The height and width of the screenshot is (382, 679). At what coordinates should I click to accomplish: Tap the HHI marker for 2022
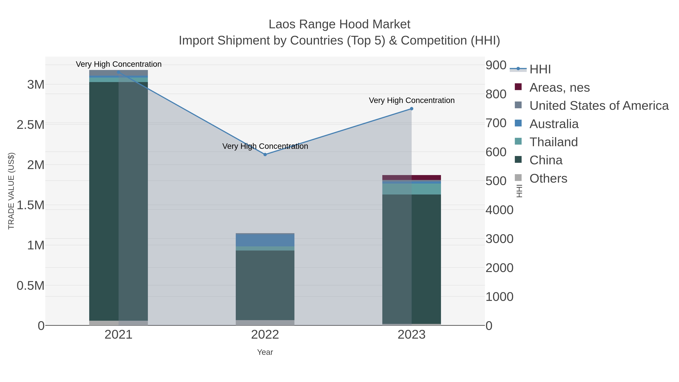click(x=265, y=154)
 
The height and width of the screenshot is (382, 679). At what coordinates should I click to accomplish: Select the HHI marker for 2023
click(x=412, y=109)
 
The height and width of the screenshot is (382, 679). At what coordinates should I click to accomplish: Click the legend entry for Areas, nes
click(x=559, y=88)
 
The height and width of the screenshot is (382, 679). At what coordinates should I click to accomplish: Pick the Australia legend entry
click(x=554, y=124)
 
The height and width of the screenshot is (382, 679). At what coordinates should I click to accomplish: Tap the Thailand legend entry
click(x=553, y=142)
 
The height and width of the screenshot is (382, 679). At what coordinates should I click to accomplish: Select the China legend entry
click(x=546, y=160)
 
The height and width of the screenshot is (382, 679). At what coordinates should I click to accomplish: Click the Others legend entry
click(x=548, y=178)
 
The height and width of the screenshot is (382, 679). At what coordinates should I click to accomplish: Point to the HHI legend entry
click(x=540, y=69)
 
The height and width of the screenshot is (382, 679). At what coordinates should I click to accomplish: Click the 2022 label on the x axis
click(x=265, y=335)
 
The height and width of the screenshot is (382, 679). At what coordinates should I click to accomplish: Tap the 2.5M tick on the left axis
click(x=31, y=125)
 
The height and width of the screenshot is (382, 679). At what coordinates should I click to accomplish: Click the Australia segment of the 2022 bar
click(x=265, y=240)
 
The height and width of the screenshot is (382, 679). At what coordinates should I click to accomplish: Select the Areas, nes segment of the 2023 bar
click(x=412, y=178)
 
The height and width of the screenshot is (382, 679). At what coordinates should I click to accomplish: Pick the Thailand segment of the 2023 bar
click(x=412, y=189)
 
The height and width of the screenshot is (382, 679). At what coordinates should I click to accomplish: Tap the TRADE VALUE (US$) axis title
click(x=11, y=191)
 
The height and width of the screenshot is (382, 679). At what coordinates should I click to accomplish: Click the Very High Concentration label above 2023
click(x=412, y=100)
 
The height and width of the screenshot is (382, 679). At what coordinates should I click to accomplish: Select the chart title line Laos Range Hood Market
click(x=339, y=24)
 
